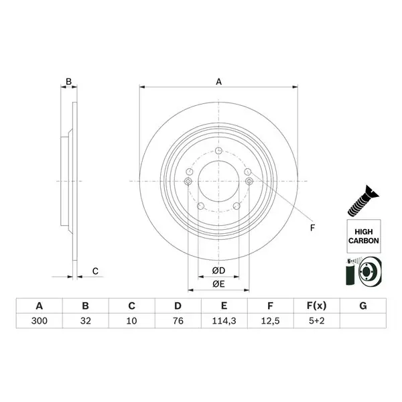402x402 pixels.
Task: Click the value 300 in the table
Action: click(x=40, y=321)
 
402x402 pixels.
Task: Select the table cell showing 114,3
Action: click(x=224, y=321)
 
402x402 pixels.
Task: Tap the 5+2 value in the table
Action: click(x=317, y=321)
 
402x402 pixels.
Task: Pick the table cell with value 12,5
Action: click(x=270, y=321)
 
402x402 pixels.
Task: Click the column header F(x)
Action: click(x=317, y=306)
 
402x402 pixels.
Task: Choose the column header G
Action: click(x=363, y=306)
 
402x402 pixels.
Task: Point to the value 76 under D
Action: click(x=178, y=321)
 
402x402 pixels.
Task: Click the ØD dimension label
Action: click(x=218, y=271)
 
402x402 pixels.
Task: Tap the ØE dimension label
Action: click(x=218, y=284)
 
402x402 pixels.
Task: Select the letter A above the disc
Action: click(x=218, y=82)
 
